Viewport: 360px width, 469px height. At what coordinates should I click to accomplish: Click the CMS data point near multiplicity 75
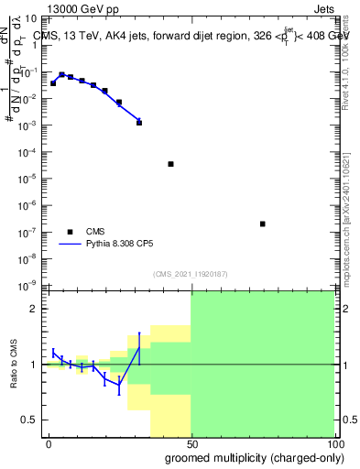(x=263, y=224)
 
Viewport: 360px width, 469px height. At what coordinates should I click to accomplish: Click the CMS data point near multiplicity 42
(x=171, y=164)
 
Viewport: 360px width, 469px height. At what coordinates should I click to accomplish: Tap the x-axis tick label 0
(x=49, y=442)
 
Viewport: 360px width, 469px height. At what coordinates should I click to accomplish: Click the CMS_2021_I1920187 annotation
(x=190, y=274)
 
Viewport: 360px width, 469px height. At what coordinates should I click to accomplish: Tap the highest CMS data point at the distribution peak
(x=62, y=74)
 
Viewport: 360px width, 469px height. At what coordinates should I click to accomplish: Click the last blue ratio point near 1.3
(x=139, y=348)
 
